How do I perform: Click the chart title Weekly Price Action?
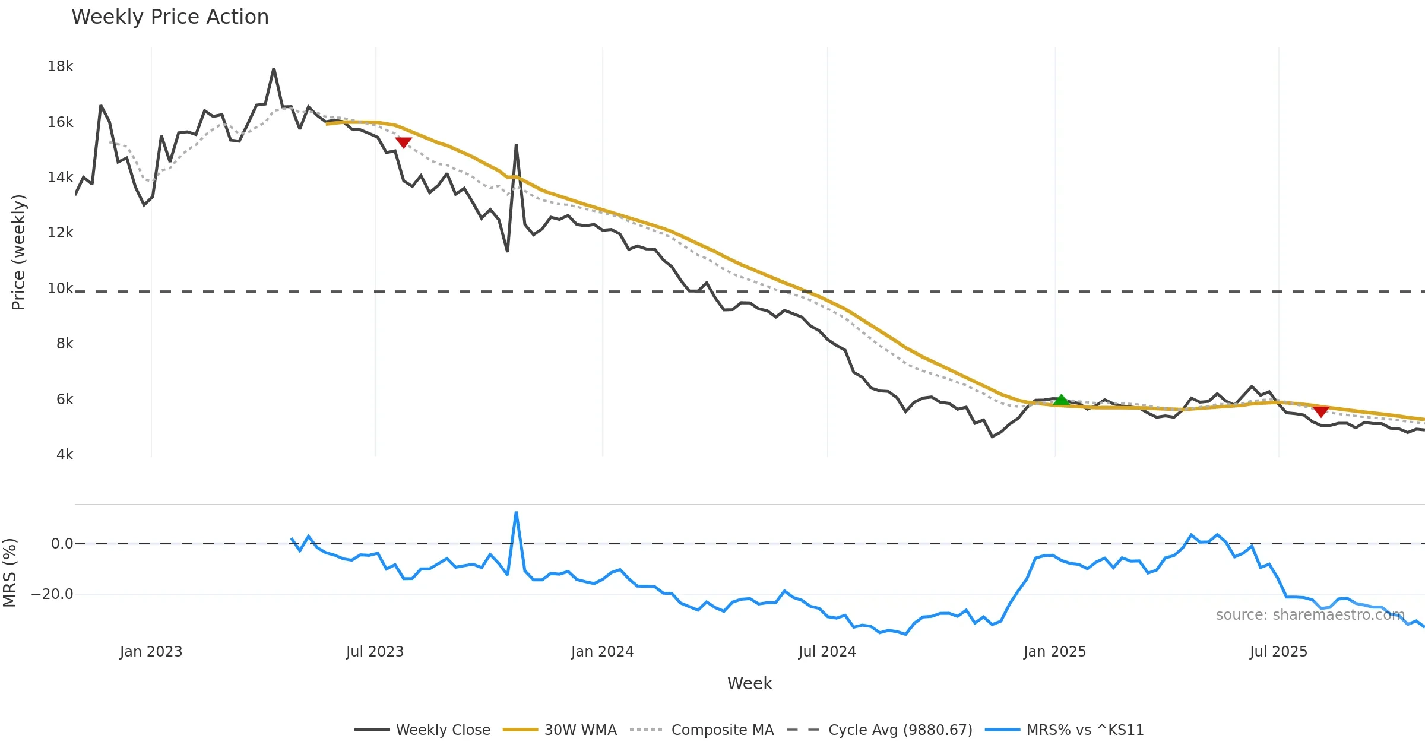pyautogui.click(x=170, y=17)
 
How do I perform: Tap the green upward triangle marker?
pyautogui.click(x=1061, y=400)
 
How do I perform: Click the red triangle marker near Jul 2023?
pyautogui.click(x=403, y=142)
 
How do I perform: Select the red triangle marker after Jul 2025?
pyautogui.click(x=1320, y=411)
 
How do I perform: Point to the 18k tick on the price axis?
pyautogui.click(x=60, y=66)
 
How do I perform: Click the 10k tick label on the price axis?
pyautogui.click(x=60, y=289)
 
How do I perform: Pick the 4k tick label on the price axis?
pyautogui.click(x=65, y=455)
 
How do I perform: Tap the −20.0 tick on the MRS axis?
pyautogui.click(x=52, y=594)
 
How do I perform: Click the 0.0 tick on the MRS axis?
pyautogui.click(x=62, y=544)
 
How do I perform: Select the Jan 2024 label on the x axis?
pyautogui.click(x=602, y=652)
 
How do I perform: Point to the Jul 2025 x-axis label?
pyautogui.click(x=1278, y=652)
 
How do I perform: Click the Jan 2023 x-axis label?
pyautogui.click(x=151, y=652)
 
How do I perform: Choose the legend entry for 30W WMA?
pyautogui.click(x=580, y=730)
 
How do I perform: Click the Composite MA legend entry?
pyautogui.click(x=722, y=730)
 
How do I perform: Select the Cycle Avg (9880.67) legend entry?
pyautogui.click(x=900, y=730)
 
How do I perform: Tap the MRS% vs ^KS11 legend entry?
pyautogui.click(x=1085, y=730)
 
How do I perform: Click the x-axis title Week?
pyautogui.click(x=749, y=683)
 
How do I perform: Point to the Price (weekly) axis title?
pyautogui.click(x=18, y=252)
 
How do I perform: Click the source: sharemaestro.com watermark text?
pyautogui.click(x=1310, y=615)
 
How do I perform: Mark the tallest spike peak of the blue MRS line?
pyautogui.click(x=516, y=512)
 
